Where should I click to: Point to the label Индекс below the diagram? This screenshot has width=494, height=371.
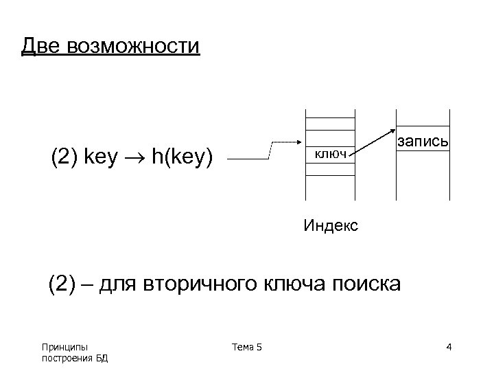coord(331,225)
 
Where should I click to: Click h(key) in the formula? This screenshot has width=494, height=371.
coord(183,158)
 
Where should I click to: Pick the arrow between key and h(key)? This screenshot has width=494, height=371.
coord(139,159)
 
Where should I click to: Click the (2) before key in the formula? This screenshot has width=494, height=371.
coord(64,158)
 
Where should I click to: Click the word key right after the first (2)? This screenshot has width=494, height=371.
coord(100,158)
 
